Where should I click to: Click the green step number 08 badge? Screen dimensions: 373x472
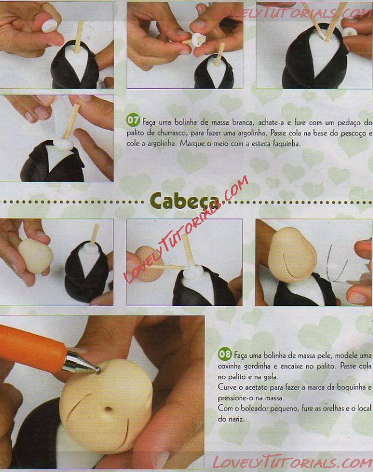225,354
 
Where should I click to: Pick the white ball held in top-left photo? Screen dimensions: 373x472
49,26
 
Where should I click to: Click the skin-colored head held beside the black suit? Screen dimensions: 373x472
35,256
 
